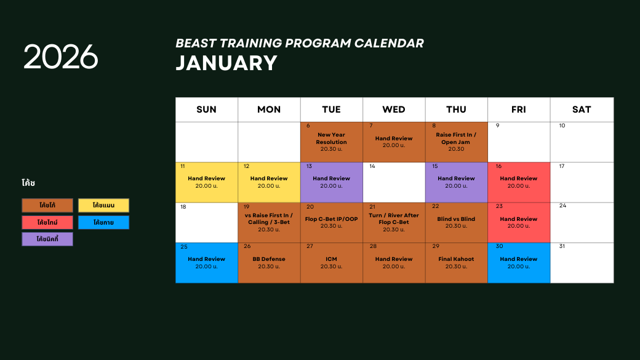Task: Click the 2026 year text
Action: (x=61, y=57)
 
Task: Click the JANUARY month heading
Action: (x=226, y=63)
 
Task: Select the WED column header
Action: (x=394, y=110)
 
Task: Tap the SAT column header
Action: (x=582, y=110)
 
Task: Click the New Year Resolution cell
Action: (x=331, y=142)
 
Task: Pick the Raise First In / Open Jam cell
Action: (x=456, y=142)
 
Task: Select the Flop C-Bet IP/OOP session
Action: (x=331, y=222)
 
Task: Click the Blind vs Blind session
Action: (x=456, y=222)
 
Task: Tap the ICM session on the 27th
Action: (x=331, y=263)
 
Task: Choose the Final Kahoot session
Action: (x=456, y=263)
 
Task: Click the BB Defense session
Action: (x=269, y=263)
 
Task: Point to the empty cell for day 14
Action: (x=394, y=182)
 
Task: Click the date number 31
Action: (x=561, y=246)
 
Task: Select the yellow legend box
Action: (x=103, y=206)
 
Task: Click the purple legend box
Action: (x=47, y=239)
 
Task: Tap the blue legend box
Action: (x=103, y=222)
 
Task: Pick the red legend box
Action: (x=47, y=222)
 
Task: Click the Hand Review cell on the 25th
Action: (x=206, y=263)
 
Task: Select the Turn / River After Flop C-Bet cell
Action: (x=394, y=222)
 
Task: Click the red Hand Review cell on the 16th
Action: (x=519, y=182)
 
